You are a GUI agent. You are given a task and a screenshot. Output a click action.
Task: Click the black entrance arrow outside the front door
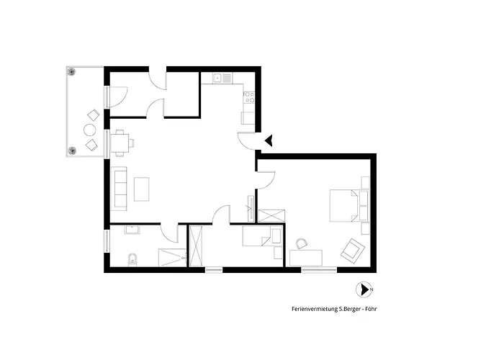point(269,140)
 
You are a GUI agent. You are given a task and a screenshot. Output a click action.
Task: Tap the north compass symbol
point(364,289)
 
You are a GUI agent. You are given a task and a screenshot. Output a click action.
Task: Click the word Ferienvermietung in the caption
point(315,309)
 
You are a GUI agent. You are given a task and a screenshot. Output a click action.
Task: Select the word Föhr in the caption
point(372,309)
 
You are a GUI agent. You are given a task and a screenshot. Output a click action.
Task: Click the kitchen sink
point(222,78)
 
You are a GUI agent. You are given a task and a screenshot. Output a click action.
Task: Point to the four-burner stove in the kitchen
point(249,97)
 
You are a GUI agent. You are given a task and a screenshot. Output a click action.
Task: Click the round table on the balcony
point(90,130)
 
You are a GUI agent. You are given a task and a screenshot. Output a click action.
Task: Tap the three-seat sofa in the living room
point(119,189)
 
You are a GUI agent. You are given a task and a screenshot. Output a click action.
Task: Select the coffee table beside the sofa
point(141,189)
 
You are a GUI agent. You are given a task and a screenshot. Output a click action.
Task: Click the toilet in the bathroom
point(132,260)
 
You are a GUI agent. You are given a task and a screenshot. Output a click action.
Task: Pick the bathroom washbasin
point(132,230)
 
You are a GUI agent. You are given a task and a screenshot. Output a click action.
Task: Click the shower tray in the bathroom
point(172,258)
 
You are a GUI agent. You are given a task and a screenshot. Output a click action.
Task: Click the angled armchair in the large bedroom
point(352,251)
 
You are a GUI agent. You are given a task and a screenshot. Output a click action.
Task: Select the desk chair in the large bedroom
point(302,243)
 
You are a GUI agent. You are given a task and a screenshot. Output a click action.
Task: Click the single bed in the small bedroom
point(262,236)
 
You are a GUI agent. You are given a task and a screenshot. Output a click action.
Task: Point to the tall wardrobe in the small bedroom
point(196,246)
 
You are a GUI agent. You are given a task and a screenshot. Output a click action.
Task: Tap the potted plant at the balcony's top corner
point(71,71)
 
